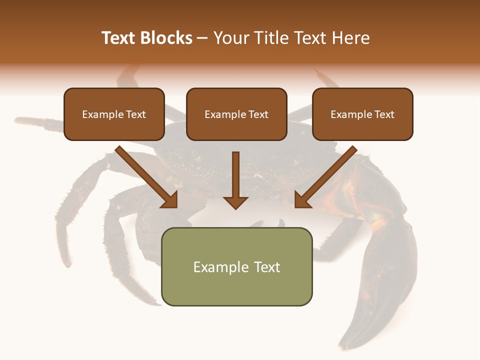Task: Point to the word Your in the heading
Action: pyautogui.click(x=230, y=38)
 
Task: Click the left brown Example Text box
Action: pyautogui.click(x=114, y=114)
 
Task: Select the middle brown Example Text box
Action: pyautogui.click(x=236, y=114)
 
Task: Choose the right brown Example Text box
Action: pyautogui.click(x=362, y=114)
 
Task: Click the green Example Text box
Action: pyautogui.click(x=236, y=266)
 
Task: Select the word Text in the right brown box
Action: pyautogui.click(x=383, y=114)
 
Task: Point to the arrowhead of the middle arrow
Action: pyautogui.click(x=235, y=202)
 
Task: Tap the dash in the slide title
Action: pyautogui.click(x=202, y=38)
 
